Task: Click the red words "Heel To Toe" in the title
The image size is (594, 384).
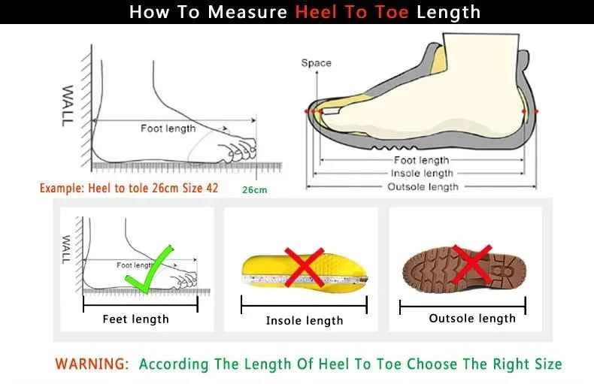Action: pyautogui.click(x=351, y=12)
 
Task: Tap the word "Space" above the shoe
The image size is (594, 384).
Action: pyautogui.click(x=316, y=63)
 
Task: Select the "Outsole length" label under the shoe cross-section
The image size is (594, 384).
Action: pyautogui.click(x=422, y=186)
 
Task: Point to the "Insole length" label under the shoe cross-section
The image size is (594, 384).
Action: pyautogui.click(x=422, y=174)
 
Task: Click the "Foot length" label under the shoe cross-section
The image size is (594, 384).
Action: pyautogui.click(x=421, y=160)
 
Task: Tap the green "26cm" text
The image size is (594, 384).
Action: pyautogui.click(x=254, y=189)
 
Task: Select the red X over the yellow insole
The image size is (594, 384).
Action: pyautogui.click(x=304, y=268)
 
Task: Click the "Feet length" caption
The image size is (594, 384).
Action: pyautogui.click(x=135, y=319)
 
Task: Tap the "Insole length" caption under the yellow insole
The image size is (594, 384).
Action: pyautogui.click(x=305, y=321)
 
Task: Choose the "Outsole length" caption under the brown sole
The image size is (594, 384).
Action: pyautogui.click(x=472, y=319)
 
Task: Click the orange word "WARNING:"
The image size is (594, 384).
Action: pyautogui.click(x=92, y=364)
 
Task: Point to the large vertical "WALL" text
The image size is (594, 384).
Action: pyautogui.click(x=68, y=104)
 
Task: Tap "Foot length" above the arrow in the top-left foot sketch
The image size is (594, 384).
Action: pyautogui.click(x=168, y=129)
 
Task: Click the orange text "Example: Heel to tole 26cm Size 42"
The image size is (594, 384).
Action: pyautogui.click(x=129, y=188)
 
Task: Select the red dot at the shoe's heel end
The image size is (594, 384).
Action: pyautogui.click(x=535, y=111)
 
